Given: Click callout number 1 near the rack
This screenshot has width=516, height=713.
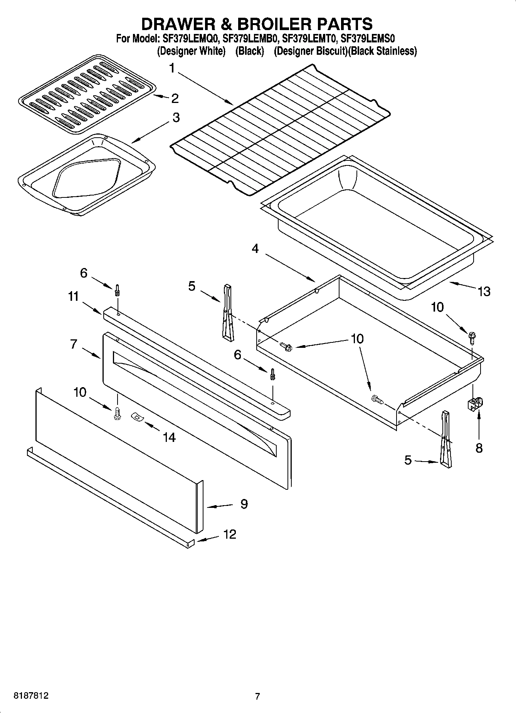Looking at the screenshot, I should pos(172,69).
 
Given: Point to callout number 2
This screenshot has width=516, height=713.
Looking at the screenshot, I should pos(175,98).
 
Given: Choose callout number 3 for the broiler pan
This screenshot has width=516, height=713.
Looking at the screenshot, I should pos(176,117).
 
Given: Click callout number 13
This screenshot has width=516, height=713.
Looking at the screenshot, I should pos(484,291).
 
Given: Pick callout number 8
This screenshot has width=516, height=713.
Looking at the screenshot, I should pos(479,448).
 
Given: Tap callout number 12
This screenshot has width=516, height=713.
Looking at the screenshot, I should pos(229,534).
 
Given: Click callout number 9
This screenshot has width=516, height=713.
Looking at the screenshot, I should pos(244,504).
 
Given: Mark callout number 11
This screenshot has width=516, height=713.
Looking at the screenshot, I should pos(73,297).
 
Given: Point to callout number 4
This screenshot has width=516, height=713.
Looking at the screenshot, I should pos(255,249).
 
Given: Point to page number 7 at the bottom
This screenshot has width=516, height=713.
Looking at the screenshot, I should pos(257,696).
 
